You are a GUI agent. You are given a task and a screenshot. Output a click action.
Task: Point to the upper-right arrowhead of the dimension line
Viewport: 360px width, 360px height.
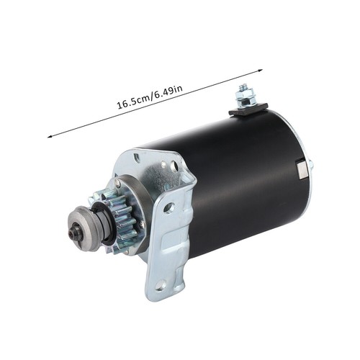point(260,71)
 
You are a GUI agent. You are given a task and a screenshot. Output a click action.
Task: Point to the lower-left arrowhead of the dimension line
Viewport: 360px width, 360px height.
point(50,136)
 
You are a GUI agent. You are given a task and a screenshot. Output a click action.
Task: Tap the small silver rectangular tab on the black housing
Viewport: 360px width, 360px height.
point(301,170)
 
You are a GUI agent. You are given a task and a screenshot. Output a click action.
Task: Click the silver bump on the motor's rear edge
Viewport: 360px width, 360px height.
point(311,165)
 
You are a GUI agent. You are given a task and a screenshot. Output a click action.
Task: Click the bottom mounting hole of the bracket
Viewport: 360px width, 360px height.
point(158,287)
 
